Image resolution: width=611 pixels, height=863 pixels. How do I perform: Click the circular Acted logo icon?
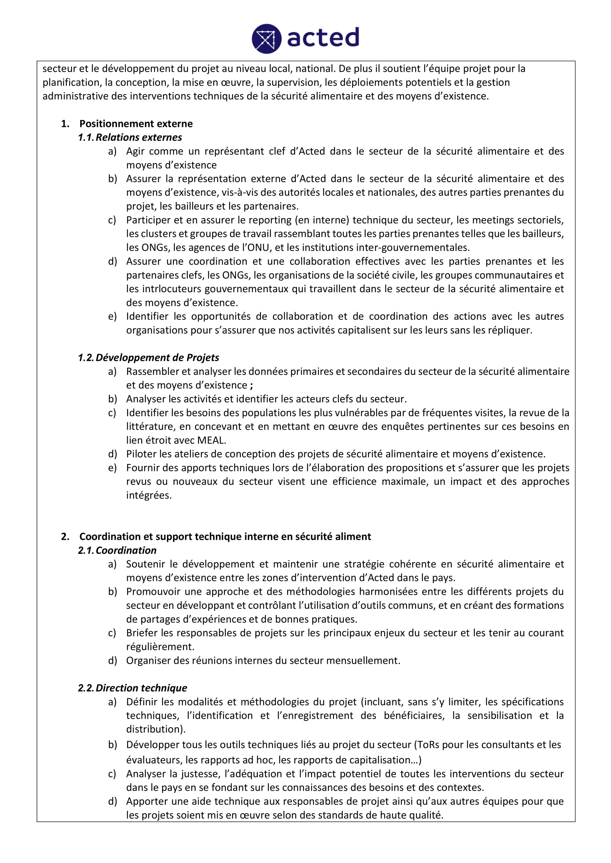(266, 39)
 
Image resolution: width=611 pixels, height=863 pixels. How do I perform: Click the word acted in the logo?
(323, 38)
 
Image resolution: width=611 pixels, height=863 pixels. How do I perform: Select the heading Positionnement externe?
(136, 124)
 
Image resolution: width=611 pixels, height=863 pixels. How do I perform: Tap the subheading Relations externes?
(139, 137)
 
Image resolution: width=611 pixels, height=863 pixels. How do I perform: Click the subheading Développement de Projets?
(157, 358)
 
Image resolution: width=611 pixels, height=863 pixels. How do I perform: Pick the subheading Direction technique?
(141, 688)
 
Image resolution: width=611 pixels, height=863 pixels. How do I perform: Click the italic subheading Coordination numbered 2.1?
(126, 550)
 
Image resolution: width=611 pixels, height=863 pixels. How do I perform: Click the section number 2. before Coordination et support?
(65, 536)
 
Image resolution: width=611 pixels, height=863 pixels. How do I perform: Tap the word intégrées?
(149, 496)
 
